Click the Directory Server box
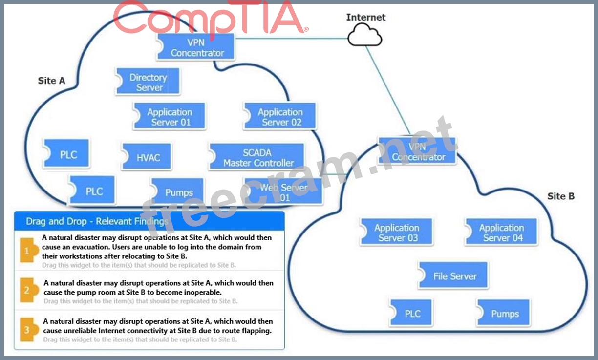click(x=148, y=82)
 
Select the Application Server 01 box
click(x=170, y=117)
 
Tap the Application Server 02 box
click(x=280, y=117)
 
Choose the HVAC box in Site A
click(x=148, y=157)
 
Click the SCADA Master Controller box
click(x=257, y=157)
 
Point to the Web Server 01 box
click(x=284, y=192)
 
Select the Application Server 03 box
click(x=397, y=233)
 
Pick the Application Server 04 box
click(x=501, y=233)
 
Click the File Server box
click(x=454, y=276)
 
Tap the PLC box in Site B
click(x=412, y=314)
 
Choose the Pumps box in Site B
click(x=504, y=314)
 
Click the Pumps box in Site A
click(x=178, y=192)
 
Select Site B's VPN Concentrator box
click(x=418, y=151)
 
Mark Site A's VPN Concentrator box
click(x=197, y=47)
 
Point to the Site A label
click(x=51, y=81)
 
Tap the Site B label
click(x=560, y=196)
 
